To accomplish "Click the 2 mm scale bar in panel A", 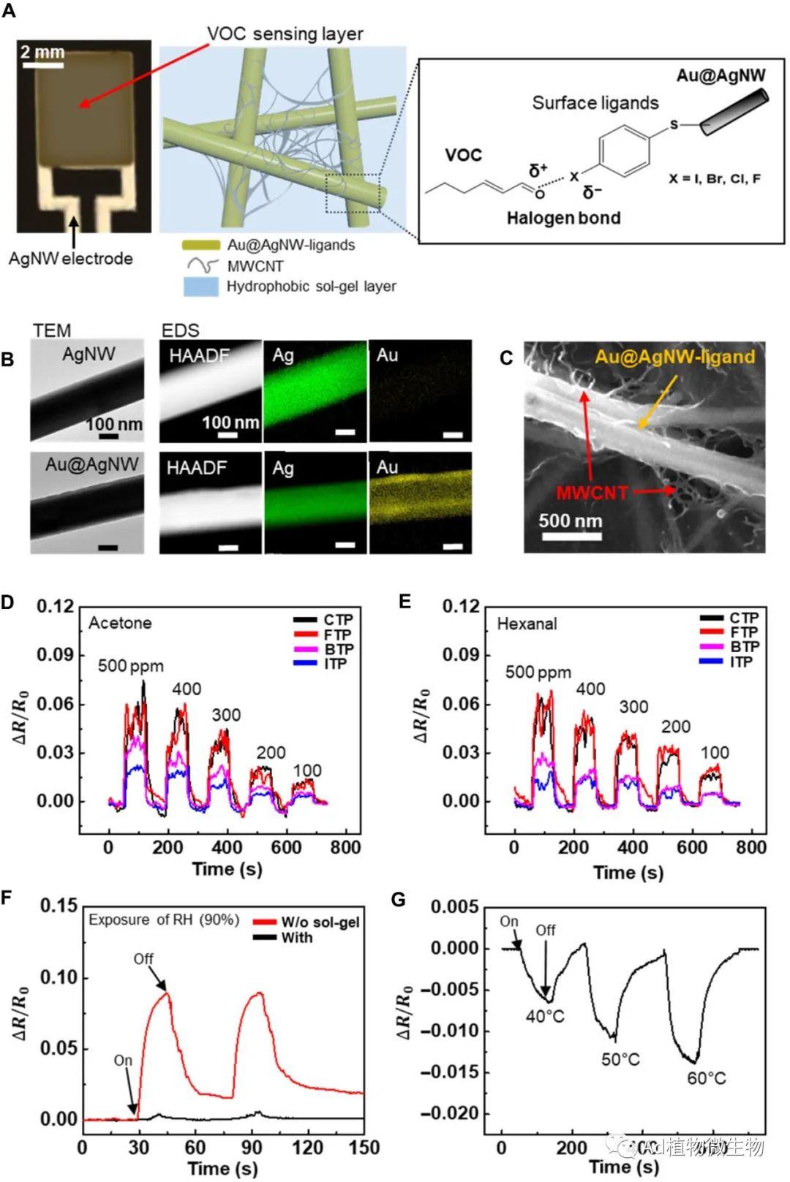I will pyautogui.click(x=42, y=65).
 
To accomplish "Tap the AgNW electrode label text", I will pyautogui.click(x=70, y=258).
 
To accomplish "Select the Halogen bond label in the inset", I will pyautogui.click(x=563, y=218).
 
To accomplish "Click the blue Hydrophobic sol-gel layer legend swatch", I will pyautogui.click(x=200, y=287).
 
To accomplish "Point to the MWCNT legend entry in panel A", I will pyautogui.click(x=254, y=266).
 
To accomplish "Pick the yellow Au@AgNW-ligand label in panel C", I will pyautogui.click(x=674, y=357).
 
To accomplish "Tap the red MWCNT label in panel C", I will pyautogui.click(x=591, y=492).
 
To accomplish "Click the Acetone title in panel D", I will pyautogui.click(x=120, y=623).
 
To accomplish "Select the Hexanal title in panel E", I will pyautogui.click(x=527, y=624).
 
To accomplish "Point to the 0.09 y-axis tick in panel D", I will pyautogui.click(x=56, y=655).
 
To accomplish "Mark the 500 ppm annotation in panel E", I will pyautogui.click(x=538, y=672).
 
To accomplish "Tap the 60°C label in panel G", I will pyautogui.click(x=706, y=1078).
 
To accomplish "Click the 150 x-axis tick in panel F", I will pyautogui.click(x=364, y=1148).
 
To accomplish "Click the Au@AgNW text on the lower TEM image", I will pyautogui.click(x=91, y=464).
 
